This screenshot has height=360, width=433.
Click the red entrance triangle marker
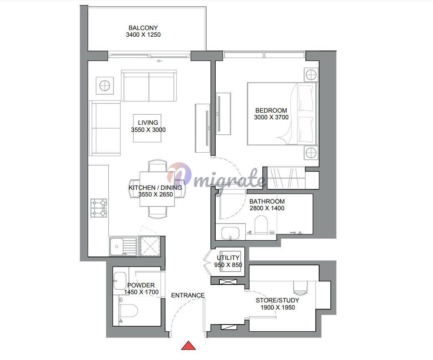(x=188, y=346)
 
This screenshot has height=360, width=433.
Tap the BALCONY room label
(x=143, y=28)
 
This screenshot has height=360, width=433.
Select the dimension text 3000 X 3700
(x=271, y=117)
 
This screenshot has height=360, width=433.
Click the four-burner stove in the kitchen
(x=99, y=208)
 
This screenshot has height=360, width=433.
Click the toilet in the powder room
(x=128, y=311)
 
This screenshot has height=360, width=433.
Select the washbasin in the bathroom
(x=230, y=233)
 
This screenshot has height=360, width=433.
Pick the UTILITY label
(x=228, y=257)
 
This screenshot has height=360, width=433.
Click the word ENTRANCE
(x=188, y=295)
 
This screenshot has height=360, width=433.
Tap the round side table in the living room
(x=105, y=86)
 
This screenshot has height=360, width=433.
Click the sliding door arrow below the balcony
(x=159, y=61)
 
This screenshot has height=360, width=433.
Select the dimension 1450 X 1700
(x=141, y=292)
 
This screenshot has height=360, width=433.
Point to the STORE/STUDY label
(x=277, y=300)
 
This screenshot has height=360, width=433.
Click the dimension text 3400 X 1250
(x=143, y=35)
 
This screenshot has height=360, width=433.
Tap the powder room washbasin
(x=120, y=281)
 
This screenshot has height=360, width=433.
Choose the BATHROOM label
(x=267, y=201)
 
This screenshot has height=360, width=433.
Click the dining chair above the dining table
(x=157, y=166)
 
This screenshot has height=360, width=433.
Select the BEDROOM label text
(x=271, y=111)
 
